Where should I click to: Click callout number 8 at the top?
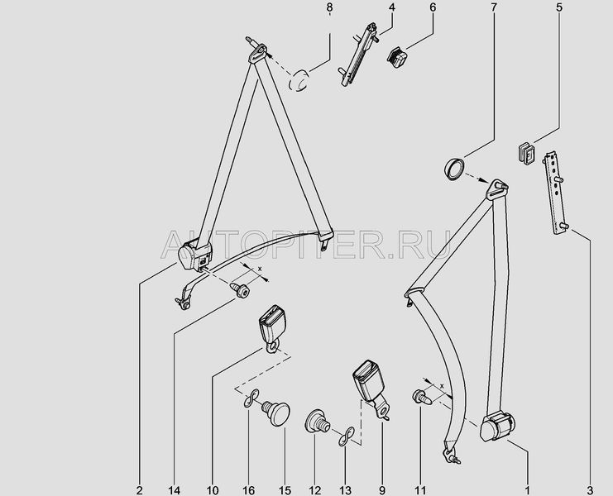(x=329, y=7)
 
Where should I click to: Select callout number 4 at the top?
(x=392, y=7)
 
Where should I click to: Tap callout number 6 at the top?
(x=433, y=7)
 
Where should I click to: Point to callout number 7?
(x=494, y=7)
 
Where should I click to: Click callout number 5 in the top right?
(x=559, y=7)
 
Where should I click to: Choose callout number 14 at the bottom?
(x=175, y=490)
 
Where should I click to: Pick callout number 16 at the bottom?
(x=249, y=490)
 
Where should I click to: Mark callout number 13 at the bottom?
(x=346, y=490)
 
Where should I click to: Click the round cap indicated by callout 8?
(x=299, y=80)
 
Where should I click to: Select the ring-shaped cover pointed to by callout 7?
(x=455, y=169)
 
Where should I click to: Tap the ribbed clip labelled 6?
(x=397, y=57)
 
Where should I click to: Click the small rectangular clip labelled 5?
(x=526, y=154)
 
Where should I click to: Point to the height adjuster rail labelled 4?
(x=357, y=55)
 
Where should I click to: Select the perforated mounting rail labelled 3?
(x=556, y=193)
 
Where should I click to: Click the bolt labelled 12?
(x=317, y=421)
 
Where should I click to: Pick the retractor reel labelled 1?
(x=497, y=427)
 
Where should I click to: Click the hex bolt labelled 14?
(x=240, y=290)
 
